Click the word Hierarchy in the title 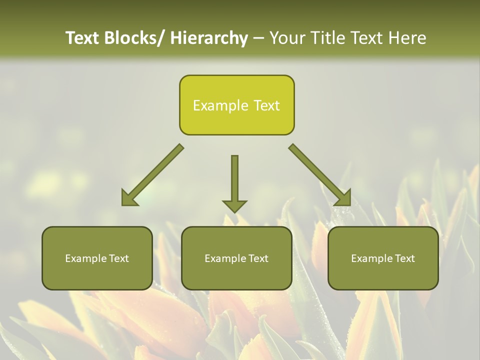point(209,38)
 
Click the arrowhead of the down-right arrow point(344,199)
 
